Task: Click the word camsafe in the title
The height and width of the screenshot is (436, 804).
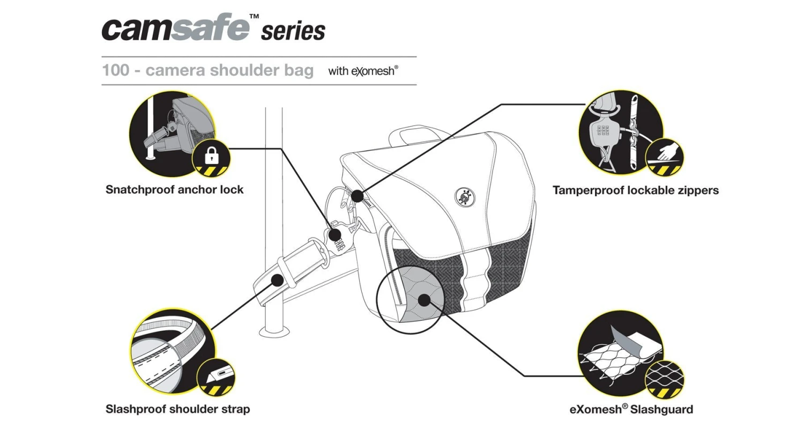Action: (175, 28)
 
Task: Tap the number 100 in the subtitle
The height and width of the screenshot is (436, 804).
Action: (115, 70)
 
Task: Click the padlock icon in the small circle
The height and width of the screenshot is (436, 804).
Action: (212, 157)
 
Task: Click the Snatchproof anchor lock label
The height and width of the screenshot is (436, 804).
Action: (174, 190)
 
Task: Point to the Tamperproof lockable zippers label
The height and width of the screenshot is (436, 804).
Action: (635, 190)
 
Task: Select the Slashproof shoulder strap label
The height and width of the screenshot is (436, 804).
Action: (177, 409)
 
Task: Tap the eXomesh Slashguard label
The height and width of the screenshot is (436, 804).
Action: (631, 410)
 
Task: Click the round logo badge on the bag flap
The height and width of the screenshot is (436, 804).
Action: (465, 197)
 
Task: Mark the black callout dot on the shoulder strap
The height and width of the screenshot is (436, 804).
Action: (277, 280)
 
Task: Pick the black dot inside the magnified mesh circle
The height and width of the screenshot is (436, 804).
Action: (424, 300)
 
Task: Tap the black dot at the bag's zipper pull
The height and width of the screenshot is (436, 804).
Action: (357, 196)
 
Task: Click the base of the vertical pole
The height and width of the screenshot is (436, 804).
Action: (274, 331)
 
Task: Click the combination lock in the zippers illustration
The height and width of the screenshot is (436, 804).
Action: (602, 132)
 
